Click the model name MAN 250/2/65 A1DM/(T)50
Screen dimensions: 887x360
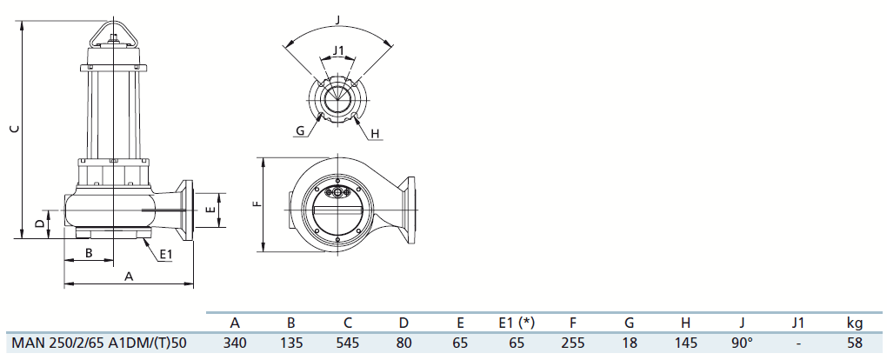pos(99,343)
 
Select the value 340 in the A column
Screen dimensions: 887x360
pos(235,343)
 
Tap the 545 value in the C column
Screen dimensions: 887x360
pos(347,343)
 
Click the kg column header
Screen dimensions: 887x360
pos(855,323)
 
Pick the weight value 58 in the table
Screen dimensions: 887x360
pos(855,343)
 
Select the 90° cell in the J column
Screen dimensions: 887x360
pos(742,343)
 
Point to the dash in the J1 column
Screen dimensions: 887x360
pos(798,343)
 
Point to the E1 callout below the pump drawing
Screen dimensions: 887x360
pos(165,256)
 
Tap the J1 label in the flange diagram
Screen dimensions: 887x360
pos(338,50)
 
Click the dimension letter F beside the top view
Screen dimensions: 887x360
pos(257,203)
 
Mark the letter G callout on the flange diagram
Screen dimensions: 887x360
pos(300,131)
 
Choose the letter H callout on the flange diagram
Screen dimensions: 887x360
pos(375,134)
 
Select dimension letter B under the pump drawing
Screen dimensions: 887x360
pos(89,253)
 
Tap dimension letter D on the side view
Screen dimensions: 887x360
pos(40,224)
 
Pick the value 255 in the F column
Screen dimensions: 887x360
pos(573,343)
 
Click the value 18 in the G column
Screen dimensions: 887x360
pos(629,343)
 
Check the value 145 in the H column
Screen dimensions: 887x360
pos(685,343)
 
